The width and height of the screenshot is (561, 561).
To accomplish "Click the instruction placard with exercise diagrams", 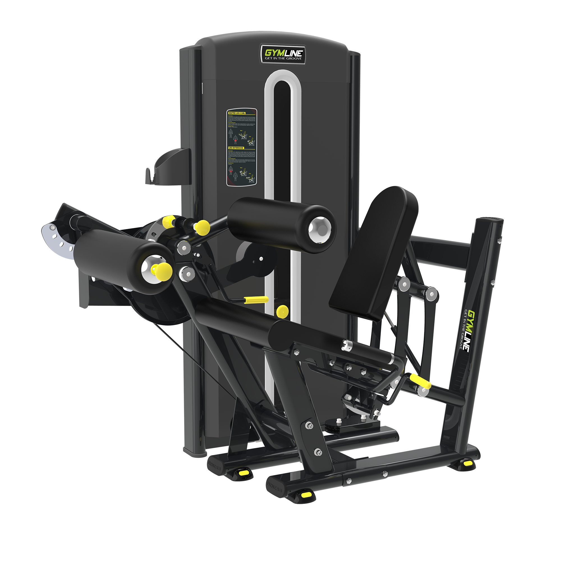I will tap(242, 148).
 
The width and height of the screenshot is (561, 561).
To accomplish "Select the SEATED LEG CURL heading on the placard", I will tap(237, 113).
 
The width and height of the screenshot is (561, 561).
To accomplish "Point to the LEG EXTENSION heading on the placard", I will tap(236, 148).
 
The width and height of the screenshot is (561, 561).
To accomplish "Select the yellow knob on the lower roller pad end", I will tap(163, 271).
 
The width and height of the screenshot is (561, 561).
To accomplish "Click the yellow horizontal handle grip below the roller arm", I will tap(256, 300).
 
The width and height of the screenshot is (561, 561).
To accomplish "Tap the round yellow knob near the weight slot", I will tap(281, 311).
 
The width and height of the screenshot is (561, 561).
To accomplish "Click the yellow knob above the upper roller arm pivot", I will tap(202, 226).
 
